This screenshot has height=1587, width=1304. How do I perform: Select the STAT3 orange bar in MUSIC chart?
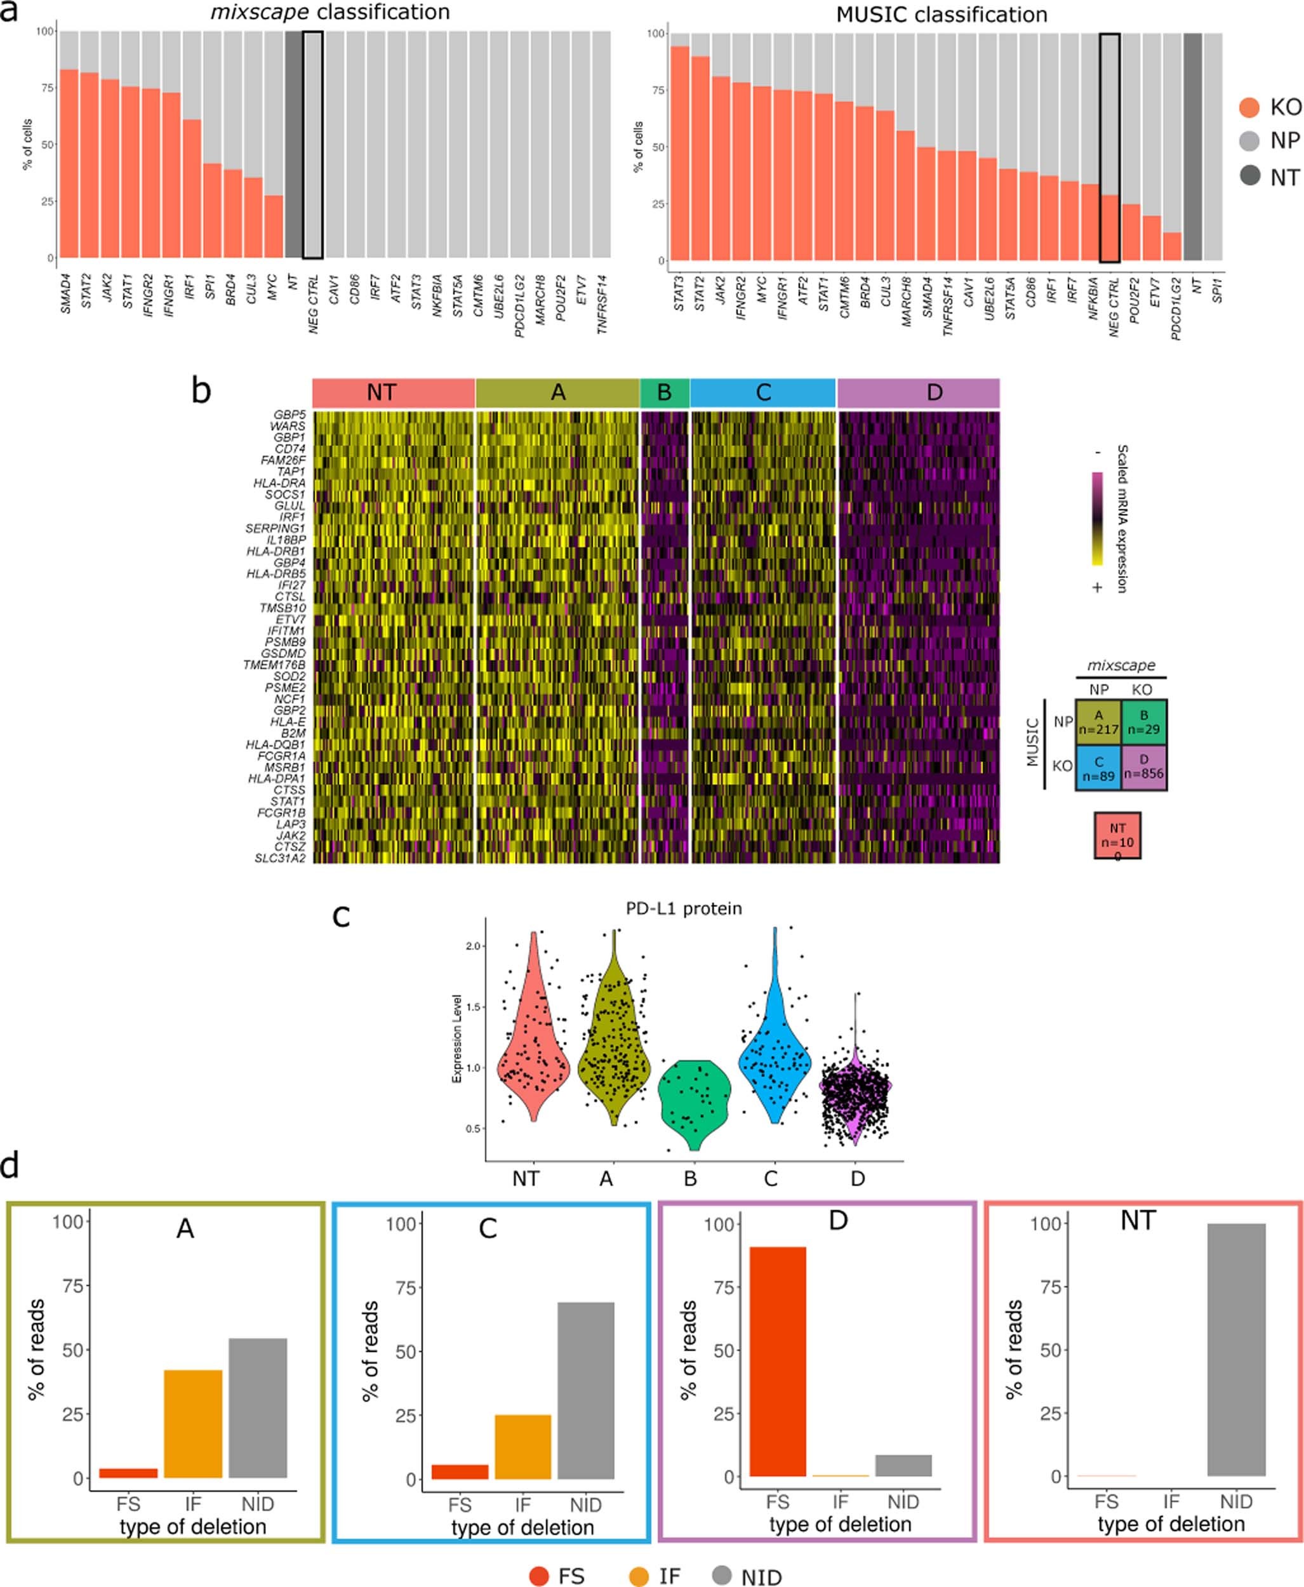pos(680,154)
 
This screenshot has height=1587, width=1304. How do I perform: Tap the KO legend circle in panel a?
pos(1249,107)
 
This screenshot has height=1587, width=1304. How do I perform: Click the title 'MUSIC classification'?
pos(941,14)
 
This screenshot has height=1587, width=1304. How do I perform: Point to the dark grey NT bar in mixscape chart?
pos(293,144)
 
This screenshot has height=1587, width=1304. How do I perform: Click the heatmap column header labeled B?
pos(664,393)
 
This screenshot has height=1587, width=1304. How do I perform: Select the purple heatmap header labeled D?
pos(918,393)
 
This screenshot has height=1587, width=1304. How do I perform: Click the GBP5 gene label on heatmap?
pos(289,415)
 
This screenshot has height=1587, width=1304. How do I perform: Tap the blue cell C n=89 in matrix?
pos(1098,767)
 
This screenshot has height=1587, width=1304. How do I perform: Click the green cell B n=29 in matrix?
pos(1144,722)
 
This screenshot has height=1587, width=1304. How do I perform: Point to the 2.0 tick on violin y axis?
pos(473,946)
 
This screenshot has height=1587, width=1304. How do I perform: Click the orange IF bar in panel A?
pos(193,1424)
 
